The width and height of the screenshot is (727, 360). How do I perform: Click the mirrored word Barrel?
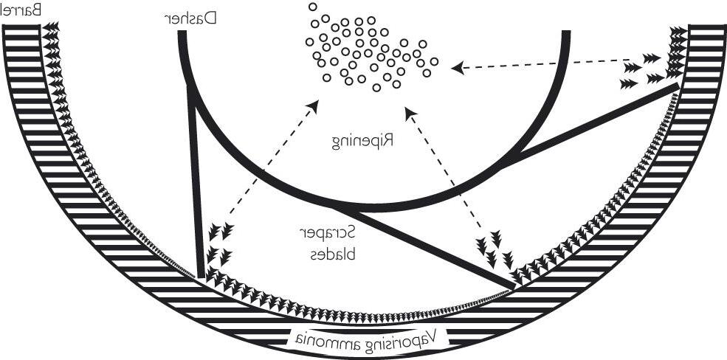click(21, 10)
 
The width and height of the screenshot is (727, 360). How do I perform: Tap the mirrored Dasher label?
click(192, 18)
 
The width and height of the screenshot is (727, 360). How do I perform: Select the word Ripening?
click(363, 141)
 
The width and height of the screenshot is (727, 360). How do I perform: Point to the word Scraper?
click(326, 234)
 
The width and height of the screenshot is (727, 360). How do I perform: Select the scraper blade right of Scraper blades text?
click(424, 247)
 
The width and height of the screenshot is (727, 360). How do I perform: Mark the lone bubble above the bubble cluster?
click(313, 7)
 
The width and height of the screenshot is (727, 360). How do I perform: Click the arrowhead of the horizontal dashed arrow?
click(458, 68)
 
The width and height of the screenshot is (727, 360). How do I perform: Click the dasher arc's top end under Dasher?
click(182, 33)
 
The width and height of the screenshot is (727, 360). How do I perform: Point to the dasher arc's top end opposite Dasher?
click(566, 33)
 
